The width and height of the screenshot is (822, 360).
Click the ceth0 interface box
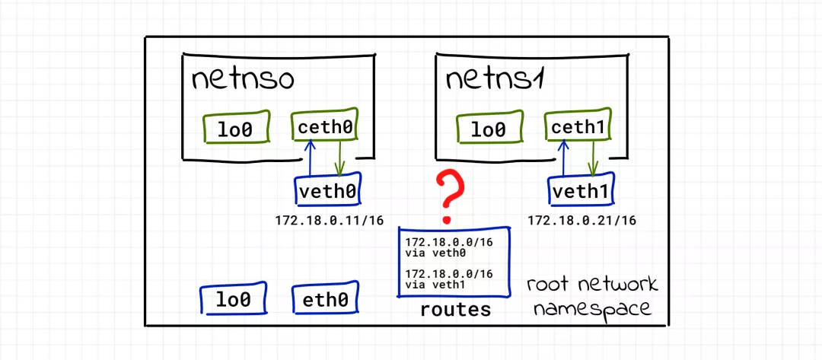pos(325,127)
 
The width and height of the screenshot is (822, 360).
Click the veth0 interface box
pos(328,191)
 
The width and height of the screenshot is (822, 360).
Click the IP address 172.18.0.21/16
pos(581,221)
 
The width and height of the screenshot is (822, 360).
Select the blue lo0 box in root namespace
pos(233,300)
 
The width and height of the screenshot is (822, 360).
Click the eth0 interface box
pos(325,300)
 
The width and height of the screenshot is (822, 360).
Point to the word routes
pos(455,310)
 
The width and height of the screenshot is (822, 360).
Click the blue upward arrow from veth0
pos(309,160)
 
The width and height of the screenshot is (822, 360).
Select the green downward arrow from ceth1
pos(594,160)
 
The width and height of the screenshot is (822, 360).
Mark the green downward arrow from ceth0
pos(339,160)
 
